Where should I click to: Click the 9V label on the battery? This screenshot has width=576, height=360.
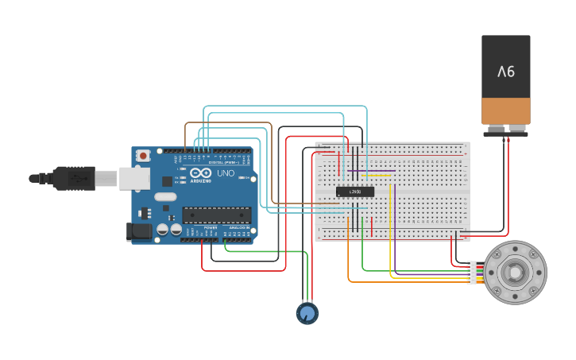(x=506, y=72)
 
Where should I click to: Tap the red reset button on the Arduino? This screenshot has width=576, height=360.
(x=143, y=156)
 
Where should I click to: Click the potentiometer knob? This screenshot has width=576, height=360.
(x=307, y=313)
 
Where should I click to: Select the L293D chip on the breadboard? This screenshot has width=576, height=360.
(x=355, y=192)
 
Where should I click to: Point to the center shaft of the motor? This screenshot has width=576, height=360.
(x=516, y=273)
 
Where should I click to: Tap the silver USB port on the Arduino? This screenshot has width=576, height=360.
(x=134, y=178)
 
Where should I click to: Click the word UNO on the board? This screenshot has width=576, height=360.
(x=226, y=172)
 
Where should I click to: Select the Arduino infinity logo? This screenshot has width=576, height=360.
(x=201, y=172)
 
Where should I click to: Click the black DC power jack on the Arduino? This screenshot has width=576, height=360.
(x=138, y=231)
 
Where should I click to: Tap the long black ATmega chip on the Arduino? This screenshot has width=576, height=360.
(x=216, y=215)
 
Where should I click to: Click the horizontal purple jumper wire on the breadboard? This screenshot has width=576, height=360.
(x=371, y=170)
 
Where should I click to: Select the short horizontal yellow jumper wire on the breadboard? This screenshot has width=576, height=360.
(x=377, y=175)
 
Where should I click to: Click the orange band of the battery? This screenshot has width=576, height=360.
(x=506, y=110)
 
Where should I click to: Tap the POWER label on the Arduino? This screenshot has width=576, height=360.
(x=211, y=228)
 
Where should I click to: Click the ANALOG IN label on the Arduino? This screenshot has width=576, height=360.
(x=238, y=228)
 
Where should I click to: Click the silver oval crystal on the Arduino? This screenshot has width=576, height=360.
(x=165, y=196)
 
